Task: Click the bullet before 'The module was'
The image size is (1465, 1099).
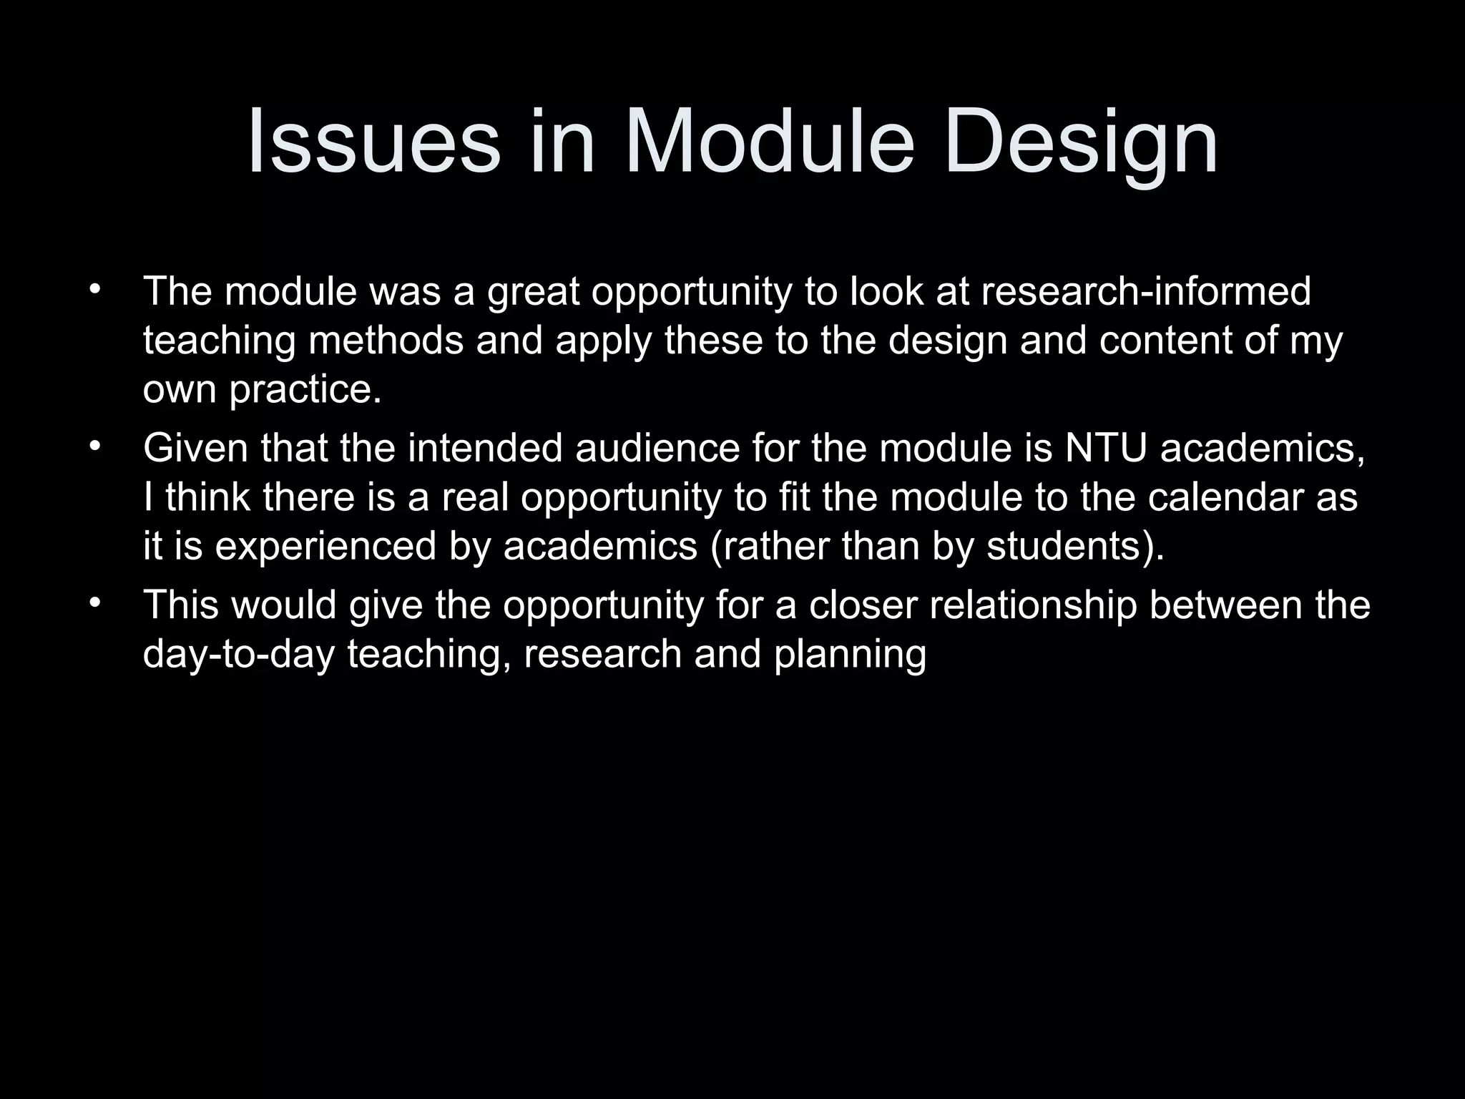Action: click(x=94, y=290)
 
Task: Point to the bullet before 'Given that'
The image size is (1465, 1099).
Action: click(x=94, y=447)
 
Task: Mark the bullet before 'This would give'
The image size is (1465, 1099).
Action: click(x=94, y=604)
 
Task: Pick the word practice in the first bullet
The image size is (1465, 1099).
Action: click(x=305, y=390)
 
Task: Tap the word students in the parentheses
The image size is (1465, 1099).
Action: click(x=1069, y=547)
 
